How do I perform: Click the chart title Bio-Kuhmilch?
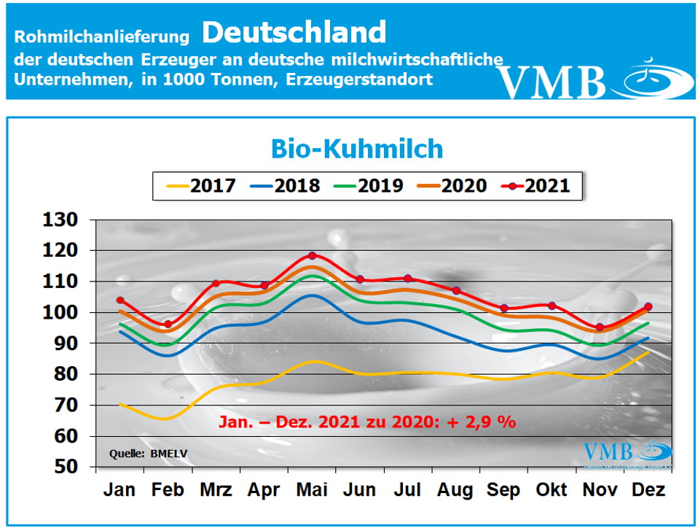pos(357,149)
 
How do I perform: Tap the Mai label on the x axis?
pos(312,491)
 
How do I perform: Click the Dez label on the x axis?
pos(648,491)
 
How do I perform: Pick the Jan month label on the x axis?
pos(119,491)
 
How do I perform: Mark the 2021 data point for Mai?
pos(312,255)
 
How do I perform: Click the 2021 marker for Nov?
pos(600,327)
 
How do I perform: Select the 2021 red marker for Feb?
pos(168,324)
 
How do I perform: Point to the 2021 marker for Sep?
pos(504,308)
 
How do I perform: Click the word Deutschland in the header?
pos(294,31)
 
